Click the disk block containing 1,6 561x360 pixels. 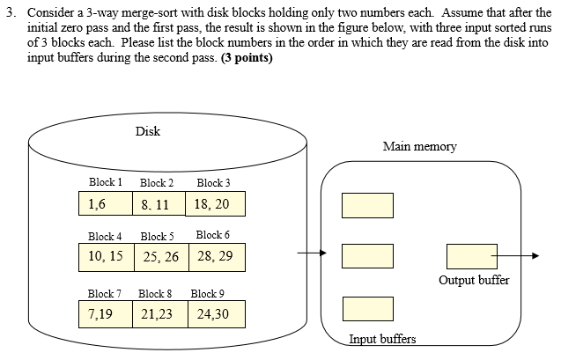[105, 204]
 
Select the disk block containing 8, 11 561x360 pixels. [159, 204]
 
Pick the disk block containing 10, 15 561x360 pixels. [105, 256]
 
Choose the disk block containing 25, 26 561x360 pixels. [159, 256]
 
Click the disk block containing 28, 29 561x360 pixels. [215, 256]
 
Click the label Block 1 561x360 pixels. [105, 183]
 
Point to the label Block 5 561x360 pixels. [158, 236]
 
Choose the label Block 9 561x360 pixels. [208, 293]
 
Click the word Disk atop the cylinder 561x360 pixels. [148, 132]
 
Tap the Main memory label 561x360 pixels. [419, 147]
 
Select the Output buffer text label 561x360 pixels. [473, 281]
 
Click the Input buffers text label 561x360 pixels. [382, 339]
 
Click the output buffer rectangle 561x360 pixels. [471, 256]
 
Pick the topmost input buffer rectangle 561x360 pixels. [367, 205]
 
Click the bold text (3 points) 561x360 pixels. [240, 58]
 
